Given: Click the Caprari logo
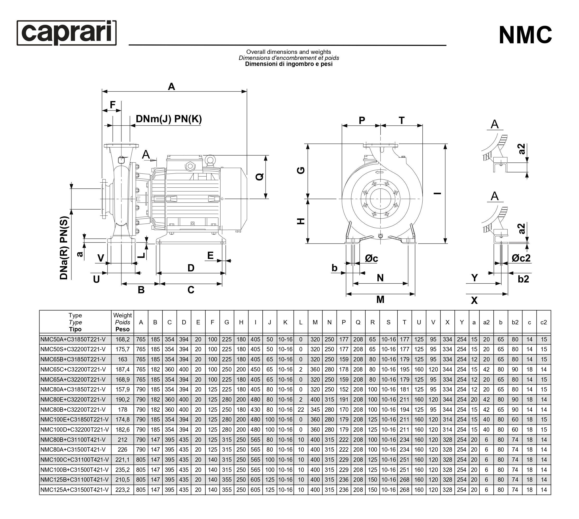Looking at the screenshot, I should click(x=66, y=33).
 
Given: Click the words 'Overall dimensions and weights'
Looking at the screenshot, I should click(x=288, y=52).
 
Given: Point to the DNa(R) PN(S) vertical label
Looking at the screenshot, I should click(x=64, y=248).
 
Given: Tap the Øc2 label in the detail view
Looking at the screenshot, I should click(x=521, y=258).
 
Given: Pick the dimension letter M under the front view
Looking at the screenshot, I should click(x=380, y=299).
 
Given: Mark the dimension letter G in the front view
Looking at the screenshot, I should click(x=301, y=171).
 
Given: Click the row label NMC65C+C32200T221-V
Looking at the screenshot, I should click(x=73, y=370).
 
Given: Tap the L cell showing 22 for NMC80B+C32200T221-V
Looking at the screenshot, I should click(x=300, y=410).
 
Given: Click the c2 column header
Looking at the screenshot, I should click(x=543, y=322).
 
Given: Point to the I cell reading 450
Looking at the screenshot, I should click(x=255, y=370).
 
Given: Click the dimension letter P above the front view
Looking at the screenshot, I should click(x=362, y=120).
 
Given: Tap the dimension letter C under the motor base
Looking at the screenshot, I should click(x=191, y=290).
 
